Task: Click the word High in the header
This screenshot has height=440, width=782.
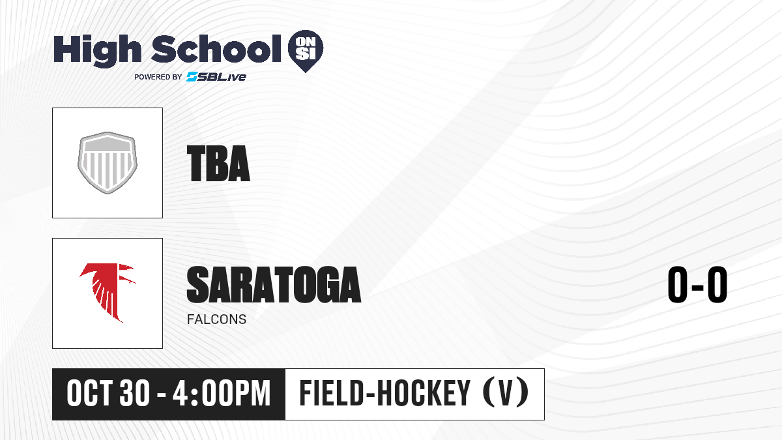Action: tap(98, 51)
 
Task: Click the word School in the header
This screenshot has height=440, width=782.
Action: tap(216, 49)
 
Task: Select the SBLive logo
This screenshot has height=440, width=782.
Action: tap(216, 76)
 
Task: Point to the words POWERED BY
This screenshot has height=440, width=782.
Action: tap(158, 77)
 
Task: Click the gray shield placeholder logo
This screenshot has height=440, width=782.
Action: tap(108, 163)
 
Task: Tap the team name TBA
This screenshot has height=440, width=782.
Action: tap(218, 164)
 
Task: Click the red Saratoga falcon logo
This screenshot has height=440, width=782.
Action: tap(108, 293)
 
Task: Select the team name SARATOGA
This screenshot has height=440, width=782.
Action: tap(274, 284)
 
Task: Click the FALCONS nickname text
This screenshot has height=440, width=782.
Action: tap(216, 319)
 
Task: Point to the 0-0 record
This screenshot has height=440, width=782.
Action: tap(697, 284)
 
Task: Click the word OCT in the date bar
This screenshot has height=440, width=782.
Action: tap(90, 393)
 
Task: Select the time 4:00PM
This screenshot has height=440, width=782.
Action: tap(222, 393)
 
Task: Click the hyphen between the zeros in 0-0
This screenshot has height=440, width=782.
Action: tap(697, 287)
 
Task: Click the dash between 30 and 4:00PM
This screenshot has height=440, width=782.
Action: tap(162, 395)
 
